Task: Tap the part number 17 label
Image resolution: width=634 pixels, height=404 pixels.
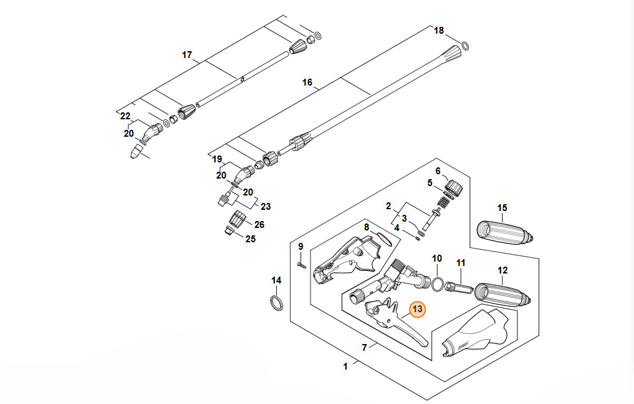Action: [187, 55]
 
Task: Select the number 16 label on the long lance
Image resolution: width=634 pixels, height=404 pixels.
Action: [307, 82]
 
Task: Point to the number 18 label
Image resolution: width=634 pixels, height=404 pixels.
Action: [439, 31]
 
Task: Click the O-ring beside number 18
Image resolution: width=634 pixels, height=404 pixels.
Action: [465, 46]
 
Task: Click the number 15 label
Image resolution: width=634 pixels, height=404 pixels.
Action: [502, 208]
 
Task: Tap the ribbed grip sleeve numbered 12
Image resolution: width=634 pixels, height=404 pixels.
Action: [502, 293]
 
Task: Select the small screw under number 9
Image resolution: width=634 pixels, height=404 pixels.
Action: [301, 265]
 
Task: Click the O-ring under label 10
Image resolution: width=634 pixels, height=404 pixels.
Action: [438, 285]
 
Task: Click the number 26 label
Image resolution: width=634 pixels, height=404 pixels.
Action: [259, 225]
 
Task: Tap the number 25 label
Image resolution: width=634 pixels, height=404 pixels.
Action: [251, 239]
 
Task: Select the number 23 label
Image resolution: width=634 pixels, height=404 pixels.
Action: [266, 207]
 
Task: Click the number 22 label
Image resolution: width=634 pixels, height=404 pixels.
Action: [125, 116]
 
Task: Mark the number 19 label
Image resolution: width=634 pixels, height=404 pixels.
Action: [217, 159]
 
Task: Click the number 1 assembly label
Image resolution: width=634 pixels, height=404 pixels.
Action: [346, 367]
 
